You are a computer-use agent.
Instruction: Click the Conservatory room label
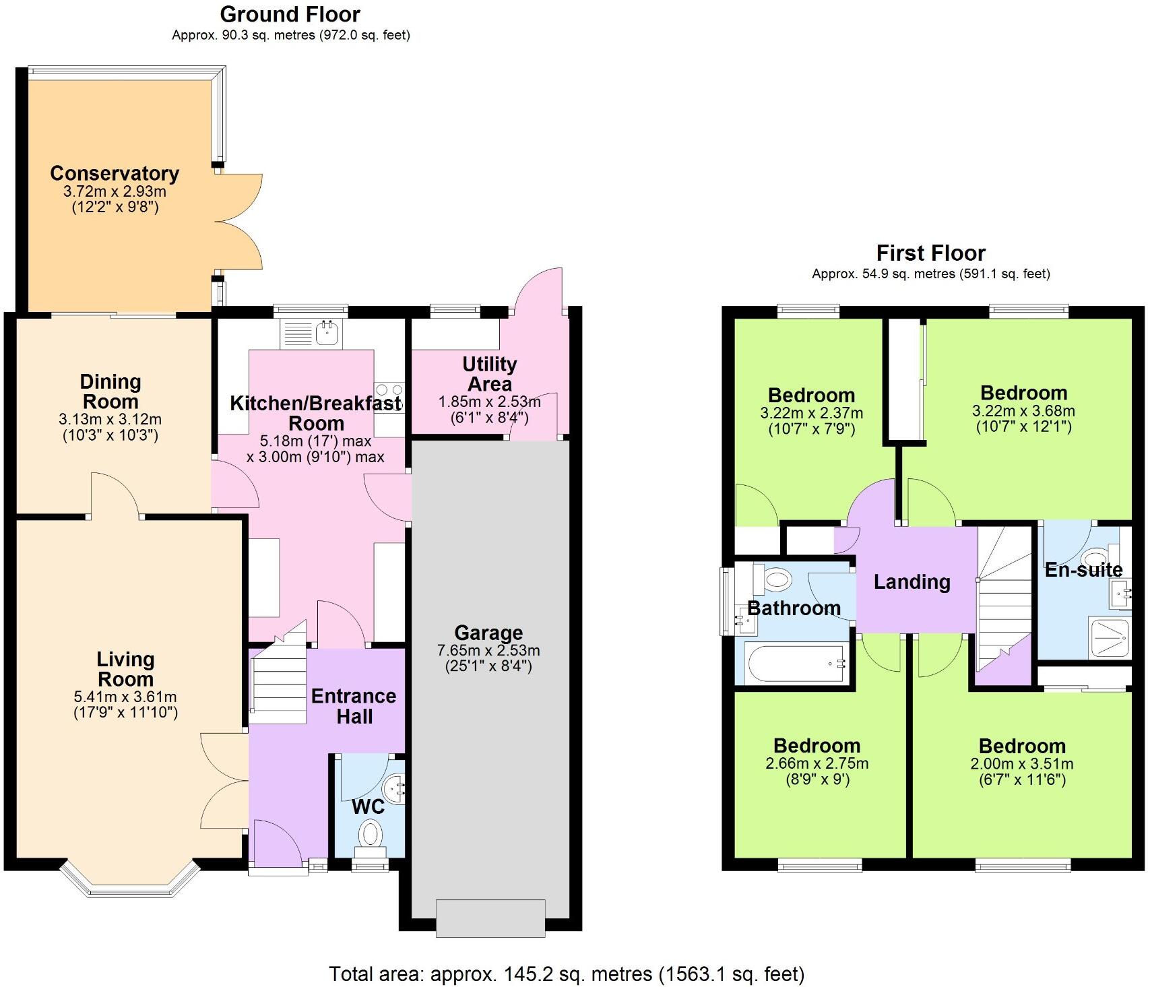pyautogui.click(x=115, y=173)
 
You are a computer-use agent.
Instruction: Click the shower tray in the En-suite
pyautogui.click(x=1108, y=637)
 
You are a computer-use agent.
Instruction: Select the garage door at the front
pyautogui.click(x=490, y=918)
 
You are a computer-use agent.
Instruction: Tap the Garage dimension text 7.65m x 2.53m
pyautogui.click(x=488, y=651)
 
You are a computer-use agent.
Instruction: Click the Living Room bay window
pyautogui.click(x=130, y=879)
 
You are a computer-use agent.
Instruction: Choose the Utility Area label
pyautogui.click(x=490, y=374)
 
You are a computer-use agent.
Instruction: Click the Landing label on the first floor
pyautogui.click(x=912, y=582)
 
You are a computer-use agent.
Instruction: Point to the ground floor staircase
pyautogui.click(x=279, y=680)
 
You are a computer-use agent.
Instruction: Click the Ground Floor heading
pyautogui.click(x=290, y=14)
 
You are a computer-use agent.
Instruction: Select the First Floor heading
pyautogui.click(x=930, y=253)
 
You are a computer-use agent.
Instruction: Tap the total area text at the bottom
pyautogui.click(x=567, y=974)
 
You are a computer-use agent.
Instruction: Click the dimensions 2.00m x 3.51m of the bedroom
pyautogui.click(x=1021, y=764)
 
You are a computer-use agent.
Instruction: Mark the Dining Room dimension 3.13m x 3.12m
pyautogui.click(x=110, y=419)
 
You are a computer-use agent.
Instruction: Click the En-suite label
pyautogui.click(x=1083, y=570)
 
